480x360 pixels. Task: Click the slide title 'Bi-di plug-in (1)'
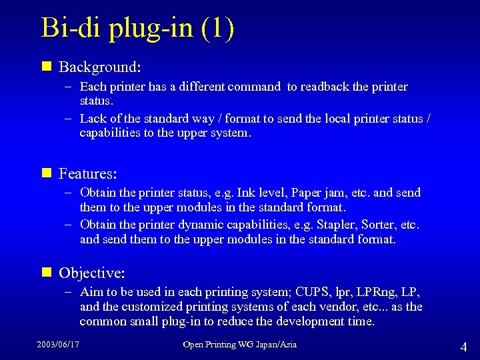click(x=137, y=29)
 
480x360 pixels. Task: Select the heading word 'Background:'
click(x=99, y=67)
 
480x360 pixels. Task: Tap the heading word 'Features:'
click(x=88, y=174)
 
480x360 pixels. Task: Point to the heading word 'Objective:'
click(x=92, y=273)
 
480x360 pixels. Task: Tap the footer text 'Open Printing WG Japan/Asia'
click(x=240, y=345)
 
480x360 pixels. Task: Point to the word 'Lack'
click(x=92, y=119)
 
